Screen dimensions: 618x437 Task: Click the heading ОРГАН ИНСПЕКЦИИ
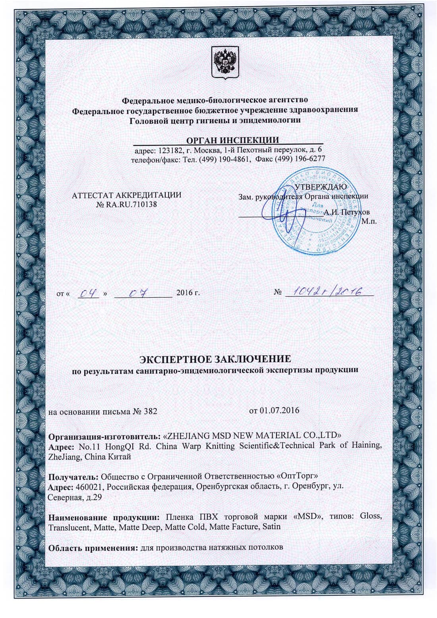tap(232, 140)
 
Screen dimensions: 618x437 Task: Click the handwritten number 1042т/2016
tap(326, 292)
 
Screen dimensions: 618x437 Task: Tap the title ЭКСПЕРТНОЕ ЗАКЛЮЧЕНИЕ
tap(215, 359)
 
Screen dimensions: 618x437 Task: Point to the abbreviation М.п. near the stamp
tap(369, 221)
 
